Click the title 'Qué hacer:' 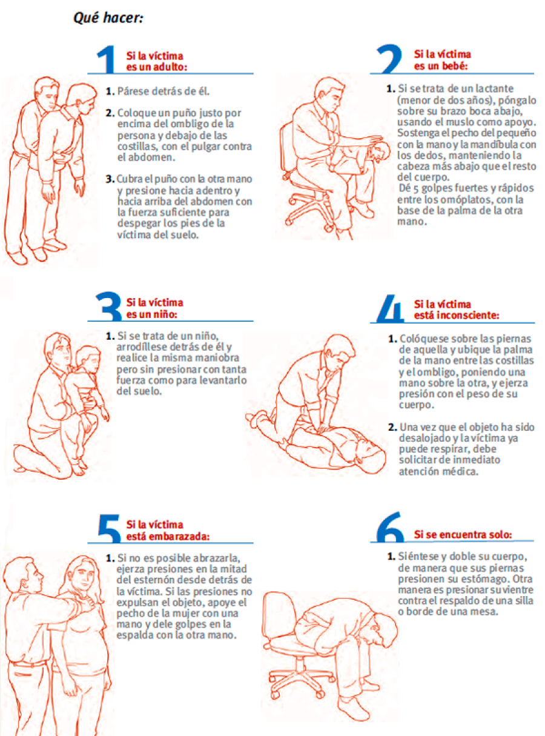coord(108,18)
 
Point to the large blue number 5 coord(109,529)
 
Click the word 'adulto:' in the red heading coord(170,66)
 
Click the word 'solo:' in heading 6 coord(501,534)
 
